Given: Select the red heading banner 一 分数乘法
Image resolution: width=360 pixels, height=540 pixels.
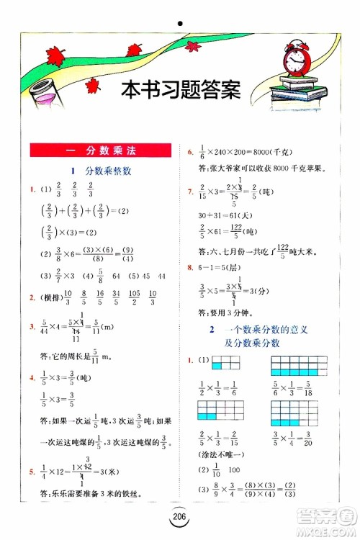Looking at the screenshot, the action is [x=100, y=150].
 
